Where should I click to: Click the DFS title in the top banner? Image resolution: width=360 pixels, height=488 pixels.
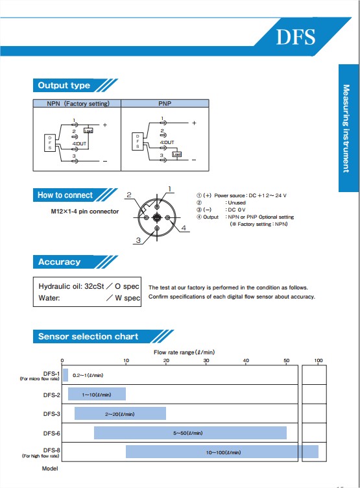pyautogui.click(x=296, y=36)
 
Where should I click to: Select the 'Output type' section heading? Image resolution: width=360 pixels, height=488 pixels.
pyautogui.click(x=64, y=86)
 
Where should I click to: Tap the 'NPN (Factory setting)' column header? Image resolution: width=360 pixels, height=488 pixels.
pyautogui.click(x=78, y=103)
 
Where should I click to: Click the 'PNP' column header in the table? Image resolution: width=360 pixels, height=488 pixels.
pyautogui.click(x=165, y=103)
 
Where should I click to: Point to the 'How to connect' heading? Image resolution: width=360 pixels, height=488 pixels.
pyautogui.click(x=65, y=195)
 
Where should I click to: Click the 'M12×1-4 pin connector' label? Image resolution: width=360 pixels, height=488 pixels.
pyautogui.click(x=85, y=212)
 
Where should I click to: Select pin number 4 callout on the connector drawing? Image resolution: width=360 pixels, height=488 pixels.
pyautogui.click(x=184, y=228)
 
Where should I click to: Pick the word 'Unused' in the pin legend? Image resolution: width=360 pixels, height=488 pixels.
pyautogui.click(x=236, y=202)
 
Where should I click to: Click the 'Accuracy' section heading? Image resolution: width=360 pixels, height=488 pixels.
pyautogui.click(x=59, y=262)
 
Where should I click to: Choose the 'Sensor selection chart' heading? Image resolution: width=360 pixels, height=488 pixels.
pyautogui.click(x=88, y=336)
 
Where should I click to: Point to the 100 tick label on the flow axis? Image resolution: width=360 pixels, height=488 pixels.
pyautogui.click(x=318, y=361)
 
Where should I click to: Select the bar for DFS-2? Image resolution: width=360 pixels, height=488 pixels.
pyautogui.click(x=96, y=394)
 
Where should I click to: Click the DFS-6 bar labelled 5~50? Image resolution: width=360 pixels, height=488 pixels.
pyautogui.click(x=190, y=433)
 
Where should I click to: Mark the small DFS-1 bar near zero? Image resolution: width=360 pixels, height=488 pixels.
pyautogui.click(x=65, y=374)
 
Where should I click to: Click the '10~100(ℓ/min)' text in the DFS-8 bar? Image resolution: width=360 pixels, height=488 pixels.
pyautogui.click(x=223, y=452)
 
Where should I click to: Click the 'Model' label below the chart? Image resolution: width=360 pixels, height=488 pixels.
pyautogui.click(x=50, y=468)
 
